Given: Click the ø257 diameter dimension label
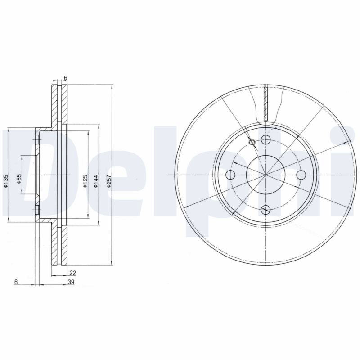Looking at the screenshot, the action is click(x=109, y=181).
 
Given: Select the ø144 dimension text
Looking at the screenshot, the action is click(x=96, y=181).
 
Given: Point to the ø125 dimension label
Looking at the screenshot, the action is click(x=85, y=181).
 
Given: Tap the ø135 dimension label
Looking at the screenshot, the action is click(x=6, y=181).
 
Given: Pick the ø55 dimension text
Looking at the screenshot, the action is click(x=19, y=179).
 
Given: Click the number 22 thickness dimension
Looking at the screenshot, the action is click(x=72, y=273).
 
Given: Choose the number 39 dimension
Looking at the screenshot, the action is click(x=71, y=282).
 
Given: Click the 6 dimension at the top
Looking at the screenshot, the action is click(x=65, y=78).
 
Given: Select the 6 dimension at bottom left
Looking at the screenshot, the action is click(x=16, y=282).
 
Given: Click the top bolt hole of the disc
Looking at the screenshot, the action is click(x=266, y=139).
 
